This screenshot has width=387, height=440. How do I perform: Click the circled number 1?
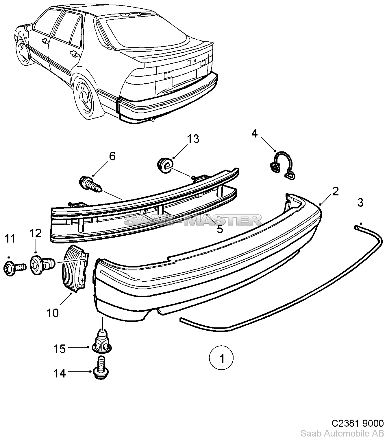click(222, 359)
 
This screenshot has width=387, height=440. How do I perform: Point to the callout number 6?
click(112, 156)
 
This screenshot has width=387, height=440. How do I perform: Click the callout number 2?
click(335, 191)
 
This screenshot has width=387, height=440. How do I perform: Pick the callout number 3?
click(360, 203)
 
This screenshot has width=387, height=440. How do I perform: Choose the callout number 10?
click(52, 313)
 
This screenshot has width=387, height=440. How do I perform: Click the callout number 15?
click(60, 349)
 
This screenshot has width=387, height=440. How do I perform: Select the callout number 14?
click(60, 373)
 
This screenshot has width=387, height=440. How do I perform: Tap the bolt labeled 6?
click(90, 185)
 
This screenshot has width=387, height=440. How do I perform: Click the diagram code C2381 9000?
click(357, 423)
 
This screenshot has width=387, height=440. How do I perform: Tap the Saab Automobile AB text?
click(342, 434)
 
